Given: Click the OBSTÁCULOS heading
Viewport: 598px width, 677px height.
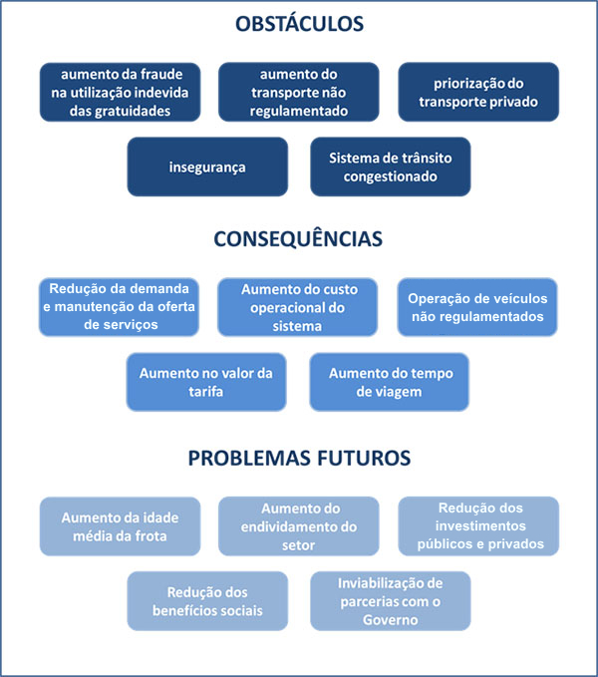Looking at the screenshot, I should (x=299, y=24).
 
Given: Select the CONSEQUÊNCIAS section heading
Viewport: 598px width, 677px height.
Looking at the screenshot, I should (x=299, y=239).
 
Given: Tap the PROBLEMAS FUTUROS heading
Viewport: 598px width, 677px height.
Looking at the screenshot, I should (x=299, y=458).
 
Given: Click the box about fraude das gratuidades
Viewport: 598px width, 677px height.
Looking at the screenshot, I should (x=120, y=93).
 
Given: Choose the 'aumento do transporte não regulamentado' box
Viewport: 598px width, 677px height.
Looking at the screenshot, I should (x=299, y=93).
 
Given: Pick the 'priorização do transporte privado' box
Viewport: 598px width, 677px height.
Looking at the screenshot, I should (x=478, y=93).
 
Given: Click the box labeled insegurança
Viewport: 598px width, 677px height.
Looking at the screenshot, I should (x=207, y=167).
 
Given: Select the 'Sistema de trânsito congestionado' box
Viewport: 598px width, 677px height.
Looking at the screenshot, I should (x=390, y=167).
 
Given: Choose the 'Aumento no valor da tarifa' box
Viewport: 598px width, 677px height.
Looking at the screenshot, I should (x=207, y=382).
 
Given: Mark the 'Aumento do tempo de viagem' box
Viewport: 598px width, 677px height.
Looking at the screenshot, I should (x=390, y=382).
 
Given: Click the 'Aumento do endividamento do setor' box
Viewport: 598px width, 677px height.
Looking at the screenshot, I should (x=299, y=526).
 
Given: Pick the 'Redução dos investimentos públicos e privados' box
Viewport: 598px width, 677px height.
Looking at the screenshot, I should (x=478, y=526).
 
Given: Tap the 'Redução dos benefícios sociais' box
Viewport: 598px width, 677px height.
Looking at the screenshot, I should (x=207, y=601).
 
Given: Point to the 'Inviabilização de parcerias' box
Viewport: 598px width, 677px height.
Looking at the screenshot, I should (x=390, y=601).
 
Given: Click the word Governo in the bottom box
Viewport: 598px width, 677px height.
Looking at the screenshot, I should (x=390, y=620).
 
